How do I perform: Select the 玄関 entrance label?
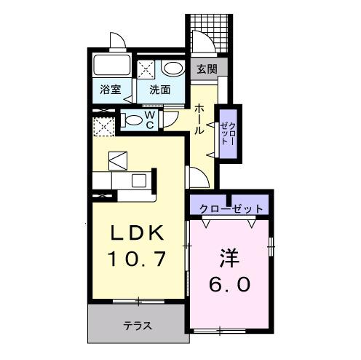pos(206,70)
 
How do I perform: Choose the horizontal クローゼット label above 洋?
pos(231,208)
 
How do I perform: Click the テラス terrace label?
pos(136,326)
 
